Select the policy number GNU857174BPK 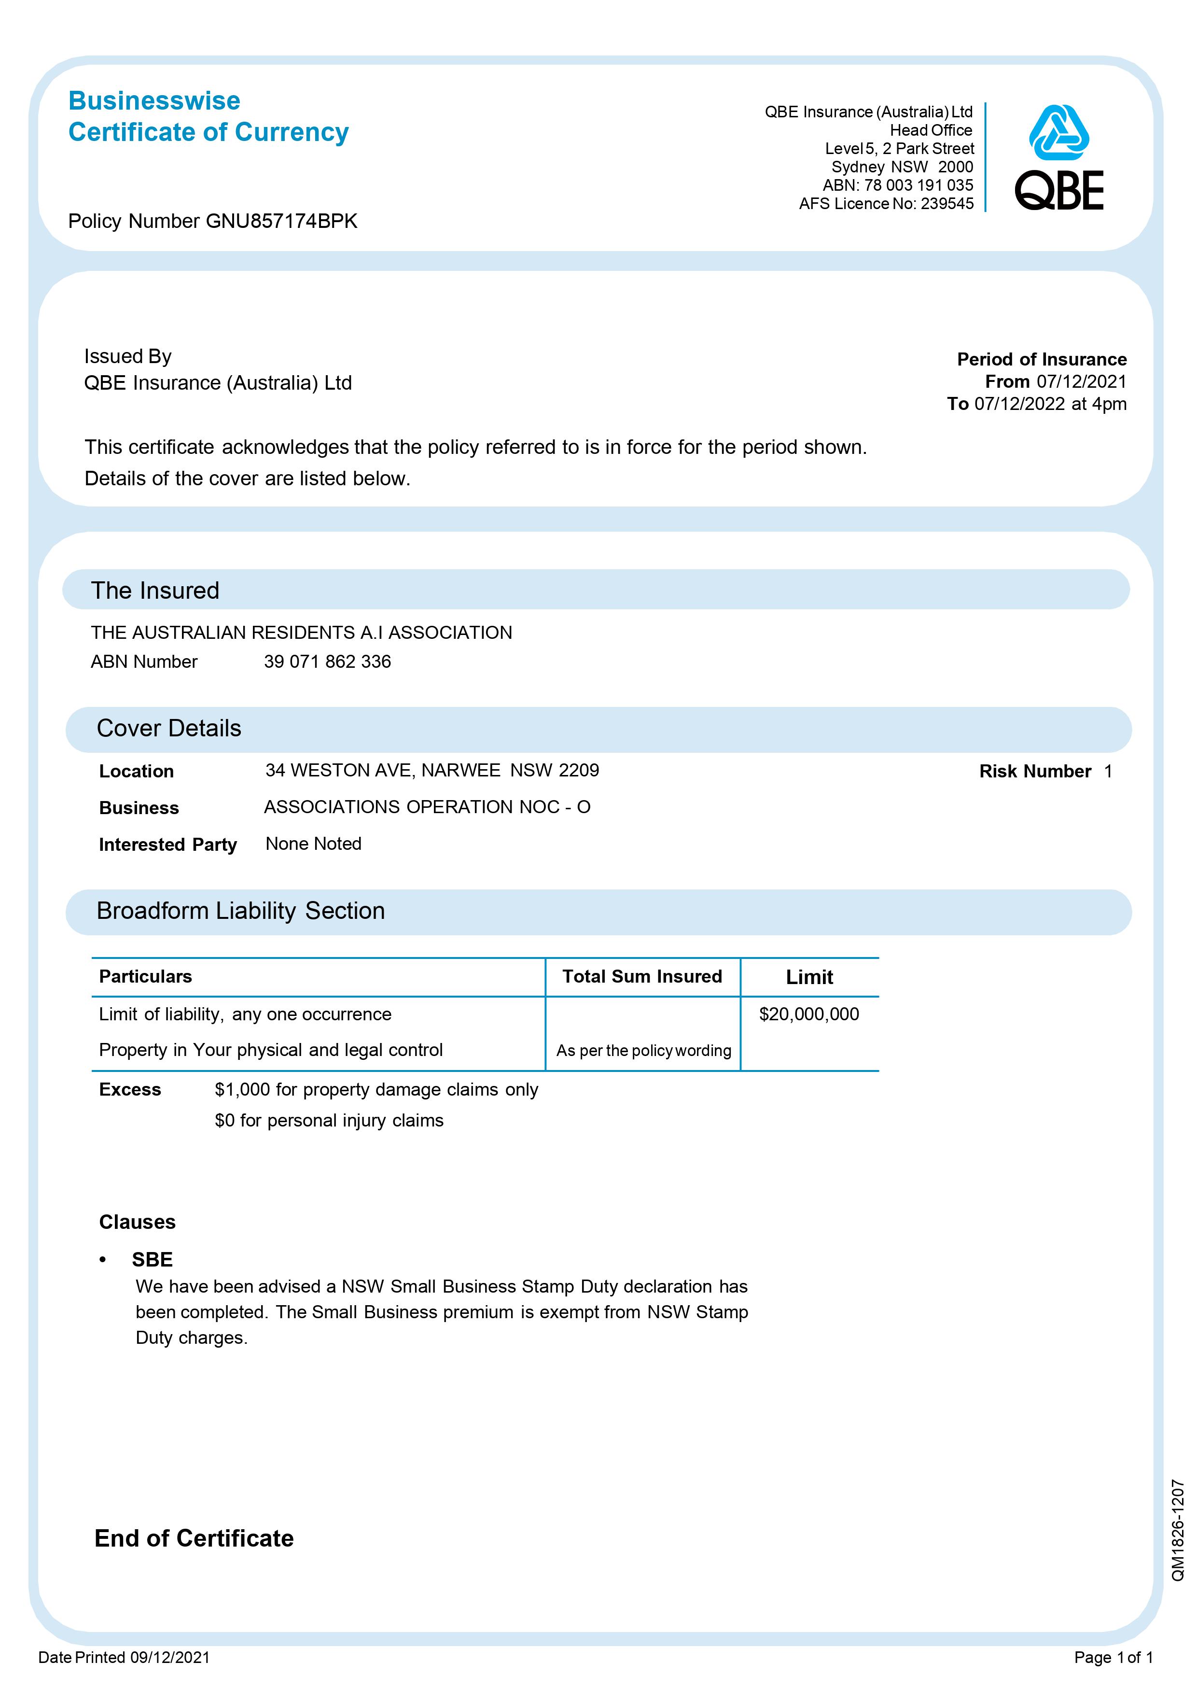coord(281,221)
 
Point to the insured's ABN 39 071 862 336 coord(327,662)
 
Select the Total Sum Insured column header coord(642,977)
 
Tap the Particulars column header coord(145,977)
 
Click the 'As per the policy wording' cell coord(643,1051)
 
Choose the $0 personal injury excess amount coord(224,1121)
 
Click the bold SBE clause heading coord(152,1259)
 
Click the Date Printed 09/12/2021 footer coord(124,1658)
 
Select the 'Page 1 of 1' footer coord(1113,1658)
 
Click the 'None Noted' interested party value coord(313,844)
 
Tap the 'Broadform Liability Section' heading coord(240,911)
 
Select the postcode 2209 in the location coord(579,771)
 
